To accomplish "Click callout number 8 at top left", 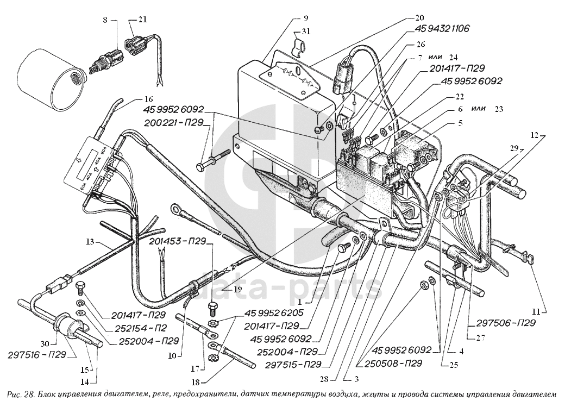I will [x=106, y=20].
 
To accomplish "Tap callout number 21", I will [x=142, y=20].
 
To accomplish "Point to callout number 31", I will [x=307, y=32].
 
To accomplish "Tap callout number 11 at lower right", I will [x=536, y=312].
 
